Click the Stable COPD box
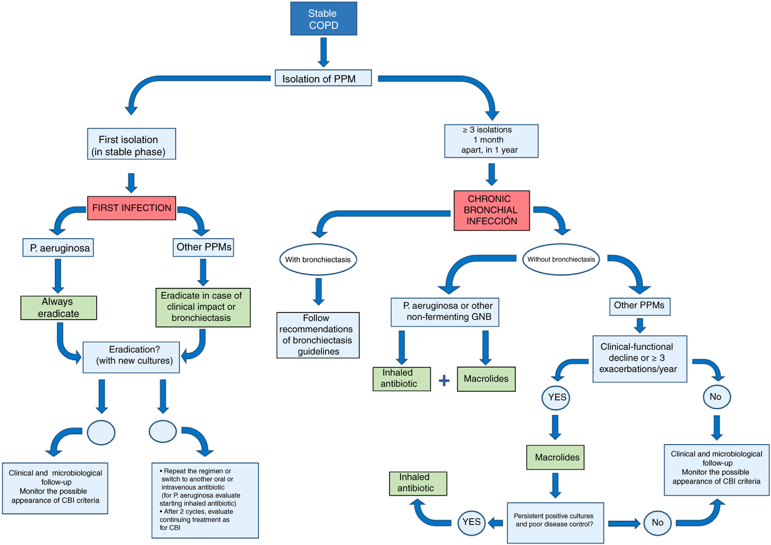pos(323,19)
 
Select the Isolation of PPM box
pos(323,78)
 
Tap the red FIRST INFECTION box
pos(131,208)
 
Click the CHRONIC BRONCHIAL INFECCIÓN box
pos(491,210)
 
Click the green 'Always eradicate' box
pos(59,308)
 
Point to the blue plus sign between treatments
pos(444,380)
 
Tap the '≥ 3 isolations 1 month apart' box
pos(491,141)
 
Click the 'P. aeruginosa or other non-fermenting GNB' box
pos(445,312)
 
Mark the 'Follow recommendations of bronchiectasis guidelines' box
pos(318,335)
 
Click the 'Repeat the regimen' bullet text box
pos(205,500)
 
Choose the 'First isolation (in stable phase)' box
pos(131,144)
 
